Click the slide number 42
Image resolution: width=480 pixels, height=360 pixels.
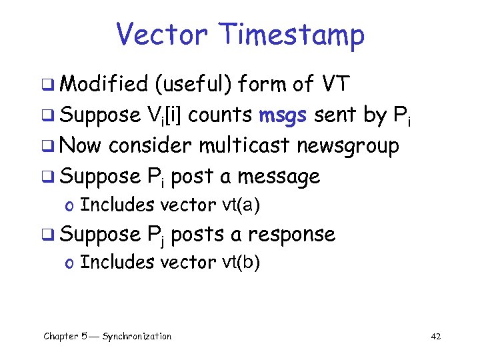436,336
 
